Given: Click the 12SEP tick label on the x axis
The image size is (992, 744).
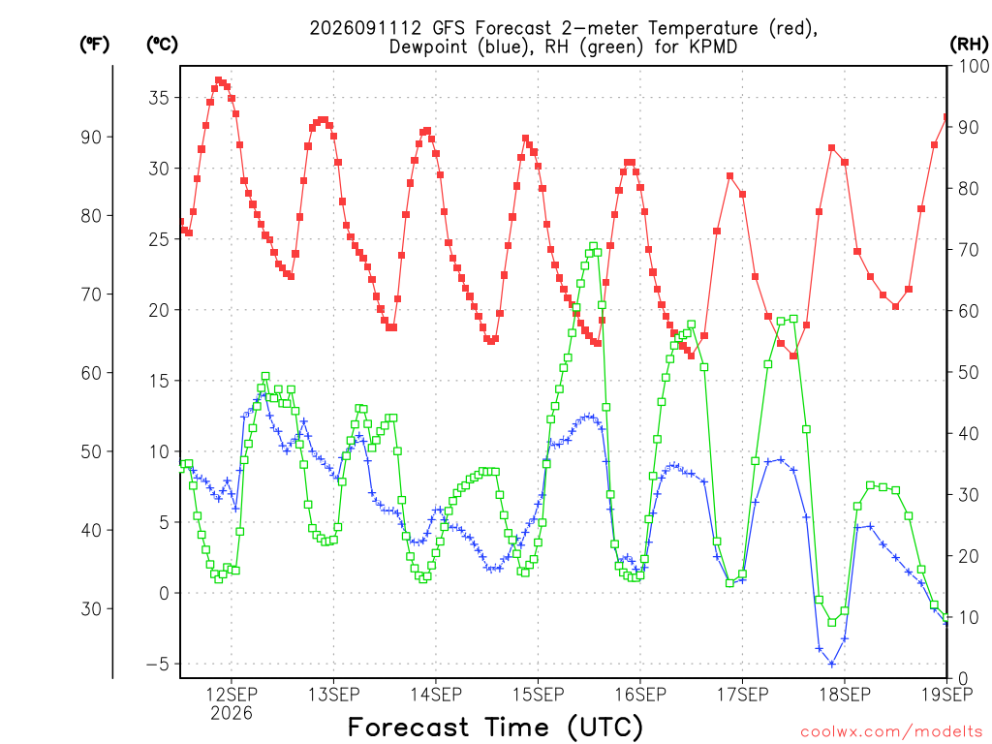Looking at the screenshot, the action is pyautogui.click(x=231, y=695).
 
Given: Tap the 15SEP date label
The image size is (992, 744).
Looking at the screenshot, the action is pyautogui.click(x=539, y=695).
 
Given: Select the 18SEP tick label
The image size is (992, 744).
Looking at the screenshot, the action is pyautogui.click(x=845, y=695).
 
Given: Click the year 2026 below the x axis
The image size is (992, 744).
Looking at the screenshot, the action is pyautogui.click(x=231, y=714).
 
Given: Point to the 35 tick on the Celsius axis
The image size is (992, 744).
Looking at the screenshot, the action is pyautogui.click(x=159, y=98).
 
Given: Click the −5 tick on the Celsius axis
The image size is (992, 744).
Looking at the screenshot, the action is pyautogui.click(x=158, y=665).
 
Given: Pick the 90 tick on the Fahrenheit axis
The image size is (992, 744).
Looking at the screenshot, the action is pyautogui.click(x=91, y=138).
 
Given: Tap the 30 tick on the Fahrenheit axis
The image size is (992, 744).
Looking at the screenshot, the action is pyautogui.click(x=91, y=608).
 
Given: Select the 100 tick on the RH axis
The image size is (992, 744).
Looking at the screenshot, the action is pyautogui.click(x=975, y=66).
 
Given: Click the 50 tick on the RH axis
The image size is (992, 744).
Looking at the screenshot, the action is pyautogui.click(x=969, y=373).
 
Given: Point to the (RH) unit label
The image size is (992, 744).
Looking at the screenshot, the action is pyautogui.click(x=969, y=44).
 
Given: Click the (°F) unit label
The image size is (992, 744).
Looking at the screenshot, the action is pyautogui.click(x=94, y=44).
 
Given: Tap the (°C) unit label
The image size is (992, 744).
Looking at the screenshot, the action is pyautogui.click(x=162, y=44).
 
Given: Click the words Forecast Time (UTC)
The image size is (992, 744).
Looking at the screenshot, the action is pyautogui.click(x=496, y=727).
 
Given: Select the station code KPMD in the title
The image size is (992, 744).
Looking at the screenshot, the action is pyautogui.click(x=714, y=46).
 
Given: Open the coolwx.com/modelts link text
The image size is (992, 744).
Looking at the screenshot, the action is pyautogui.click(x=891, y=732).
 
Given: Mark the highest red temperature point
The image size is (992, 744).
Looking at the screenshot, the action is pyautogui.click(x=219, y=80).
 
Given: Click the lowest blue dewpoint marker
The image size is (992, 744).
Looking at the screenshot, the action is pyautogui.click(x=832, y=664).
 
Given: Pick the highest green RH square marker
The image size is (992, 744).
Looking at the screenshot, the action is pyautogui.click(x=594, y=246).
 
